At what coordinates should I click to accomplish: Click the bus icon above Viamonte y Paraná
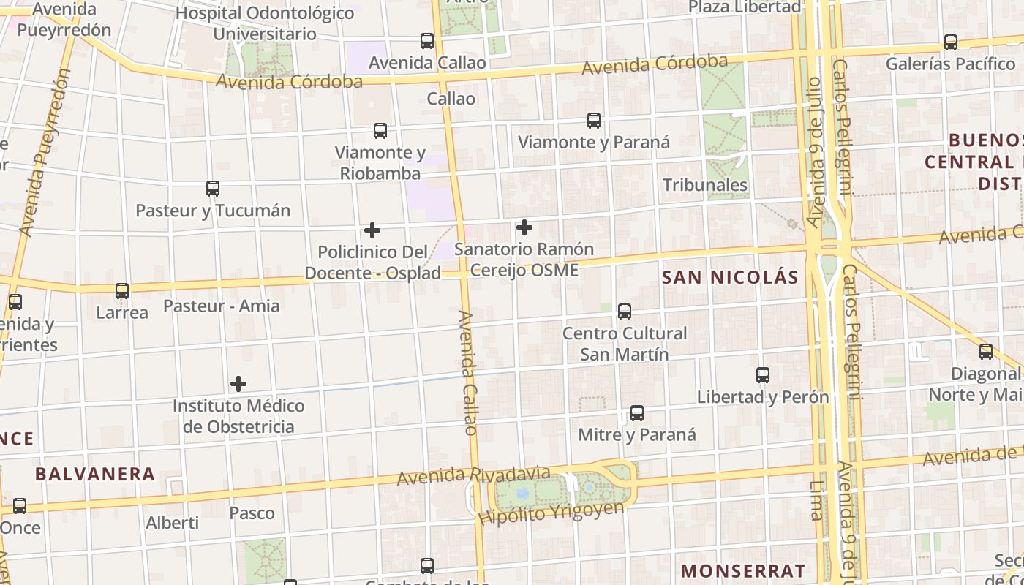(593, 121)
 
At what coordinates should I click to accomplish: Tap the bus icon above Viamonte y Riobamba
(380, 131)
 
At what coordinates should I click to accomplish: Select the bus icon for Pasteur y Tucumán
(213, 189)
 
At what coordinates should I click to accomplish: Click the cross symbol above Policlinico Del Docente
(372, 230)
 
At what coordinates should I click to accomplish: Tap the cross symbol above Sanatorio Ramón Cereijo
(524, 228)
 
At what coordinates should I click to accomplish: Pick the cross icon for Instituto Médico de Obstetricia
(238, 384)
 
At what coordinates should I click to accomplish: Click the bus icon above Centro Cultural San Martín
(625, 312)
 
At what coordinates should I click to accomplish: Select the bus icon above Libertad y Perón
(763, 375)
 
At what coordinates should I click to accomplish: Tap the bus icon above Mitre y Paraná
(637, 413)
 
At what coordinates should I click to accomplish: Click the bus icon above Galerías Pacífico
(951, 42)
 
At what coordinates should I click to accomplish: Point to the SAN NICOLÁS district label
(730, 278)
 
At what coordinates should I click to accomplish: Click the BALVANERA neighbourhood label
(95, 474)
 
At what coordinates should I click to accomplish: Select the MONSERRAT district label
(743, 570)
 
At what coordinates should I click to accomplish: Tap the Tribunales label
(705, 185)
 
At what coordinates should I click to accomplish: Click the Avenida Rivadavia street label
(473, 475)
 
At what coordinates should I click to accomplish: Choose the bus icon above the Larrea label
(122, 291)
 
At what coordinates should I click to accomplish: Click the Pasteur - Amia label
(221, 306)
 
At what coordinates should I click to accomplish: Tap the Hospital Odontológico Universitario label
(266, 23)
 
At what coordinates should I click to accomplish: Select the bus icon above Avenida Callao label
(427, 41)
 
